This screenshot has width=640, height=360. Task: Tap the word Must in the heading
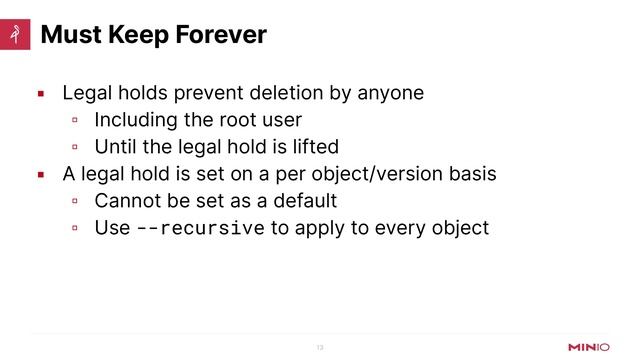(67, 35)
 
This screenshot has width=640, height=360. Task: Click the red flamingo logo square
(15, 35)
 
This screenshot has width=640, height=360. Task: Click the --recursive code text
(200, 228)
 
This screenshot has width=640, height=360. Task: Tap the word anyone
(390, 93)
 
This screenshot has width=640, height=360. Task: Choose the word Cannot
(127, 201)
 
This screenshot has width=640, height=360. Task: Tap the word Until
(116, 147)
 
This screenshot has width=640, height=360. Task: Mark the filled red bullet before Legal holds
(41, 94)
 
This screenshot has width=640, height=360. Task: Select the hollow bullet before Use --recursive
(75, 229)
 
